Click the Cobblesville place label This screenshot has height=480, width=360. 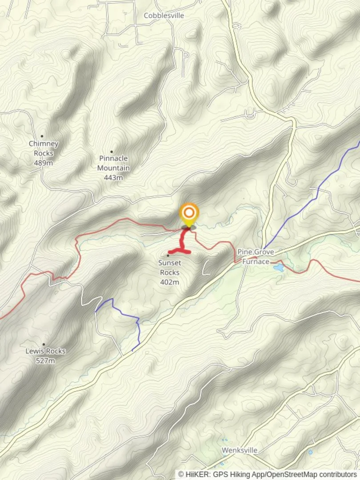(x=164, y=16)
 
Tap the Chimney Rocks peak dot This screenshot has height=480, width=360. (x=42, y=136)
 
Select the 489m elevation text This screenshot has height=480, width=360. (x=44, y=163)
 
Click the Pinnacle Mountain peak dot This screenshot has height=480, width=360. (x=112, y=152)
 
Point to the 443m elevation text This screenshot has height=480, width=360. (x=113, y=178)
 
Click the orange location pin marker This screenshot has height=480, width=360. (x=189, y=214)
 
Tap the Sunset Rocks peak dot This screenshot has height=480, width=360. (x=168, y=255)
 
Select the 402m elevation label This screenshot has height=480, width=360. (x=169, y=282)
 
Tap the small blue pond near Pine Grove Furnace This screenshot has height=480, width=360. (x=278, y=268)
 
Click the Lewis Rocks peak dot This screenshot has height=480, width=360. (x=44, y=344)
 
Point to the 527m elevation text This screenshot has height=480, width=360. (x=45, y=360)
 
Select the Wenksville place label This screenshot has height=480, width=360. (x=240, y=450)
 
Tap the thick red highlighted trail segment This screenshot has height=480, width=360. (x=182, y=242)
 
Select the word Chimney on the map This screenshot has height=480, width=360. (x=44, y=144)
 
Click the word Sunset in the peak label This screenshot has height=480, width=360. (x=169, y=263)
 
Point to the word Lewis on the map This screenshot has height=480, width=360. (x=35, y=351)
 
